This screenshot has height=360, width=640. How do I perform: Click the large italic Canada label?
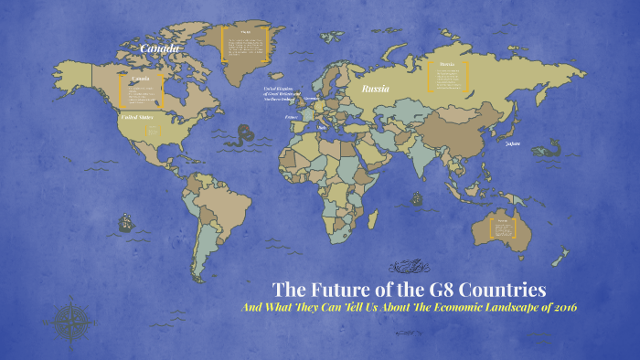160,48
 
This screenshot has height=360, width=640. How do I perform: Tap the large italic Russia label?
375,90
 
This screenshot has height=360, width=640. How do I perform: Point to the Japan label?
512,143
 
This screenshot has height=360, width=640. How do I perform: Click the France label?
292,117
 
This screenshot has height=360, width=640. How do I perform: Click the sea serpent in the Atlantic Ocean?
241,138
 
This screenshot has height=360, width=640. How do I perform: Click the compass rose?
71,321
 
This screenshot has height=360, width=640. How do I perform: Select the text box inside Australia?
505,228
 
